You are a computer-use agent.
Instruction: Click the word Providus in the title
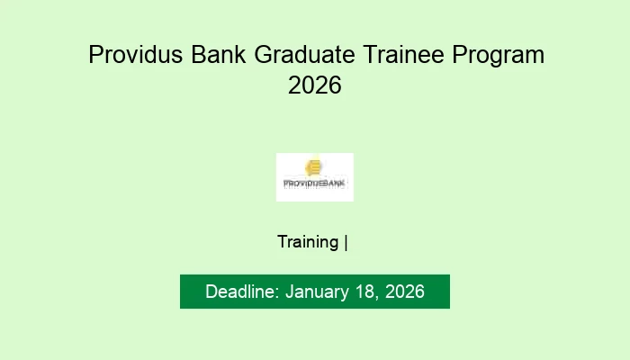tap(136, 55)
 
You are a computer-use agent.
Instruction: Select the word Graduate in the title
tap(307, 55)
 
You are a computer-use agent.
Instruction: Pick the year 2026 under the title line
tap(315, 86)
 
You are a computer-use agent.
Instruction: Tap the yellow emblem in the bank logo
tap(313, 167)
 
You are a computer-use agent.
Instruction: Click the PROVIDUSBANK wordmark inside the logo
tap(315, 183)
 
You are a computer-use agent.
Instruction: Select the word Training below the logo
tap(308, 242)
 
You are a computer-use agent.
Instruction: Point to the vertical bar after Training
tap(346, 242)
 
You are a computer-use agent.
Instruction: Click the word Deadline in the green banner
tap(240, 292)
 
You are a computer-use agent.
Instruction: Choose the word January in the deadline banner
tap(316, 292)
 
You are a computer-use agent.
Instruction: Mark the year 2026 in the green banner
tap(403, 292)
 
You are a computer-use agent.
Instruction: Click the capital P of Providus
tap(94, 55)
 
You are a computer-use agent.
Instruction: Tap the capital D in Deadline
tap(211, 292)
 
